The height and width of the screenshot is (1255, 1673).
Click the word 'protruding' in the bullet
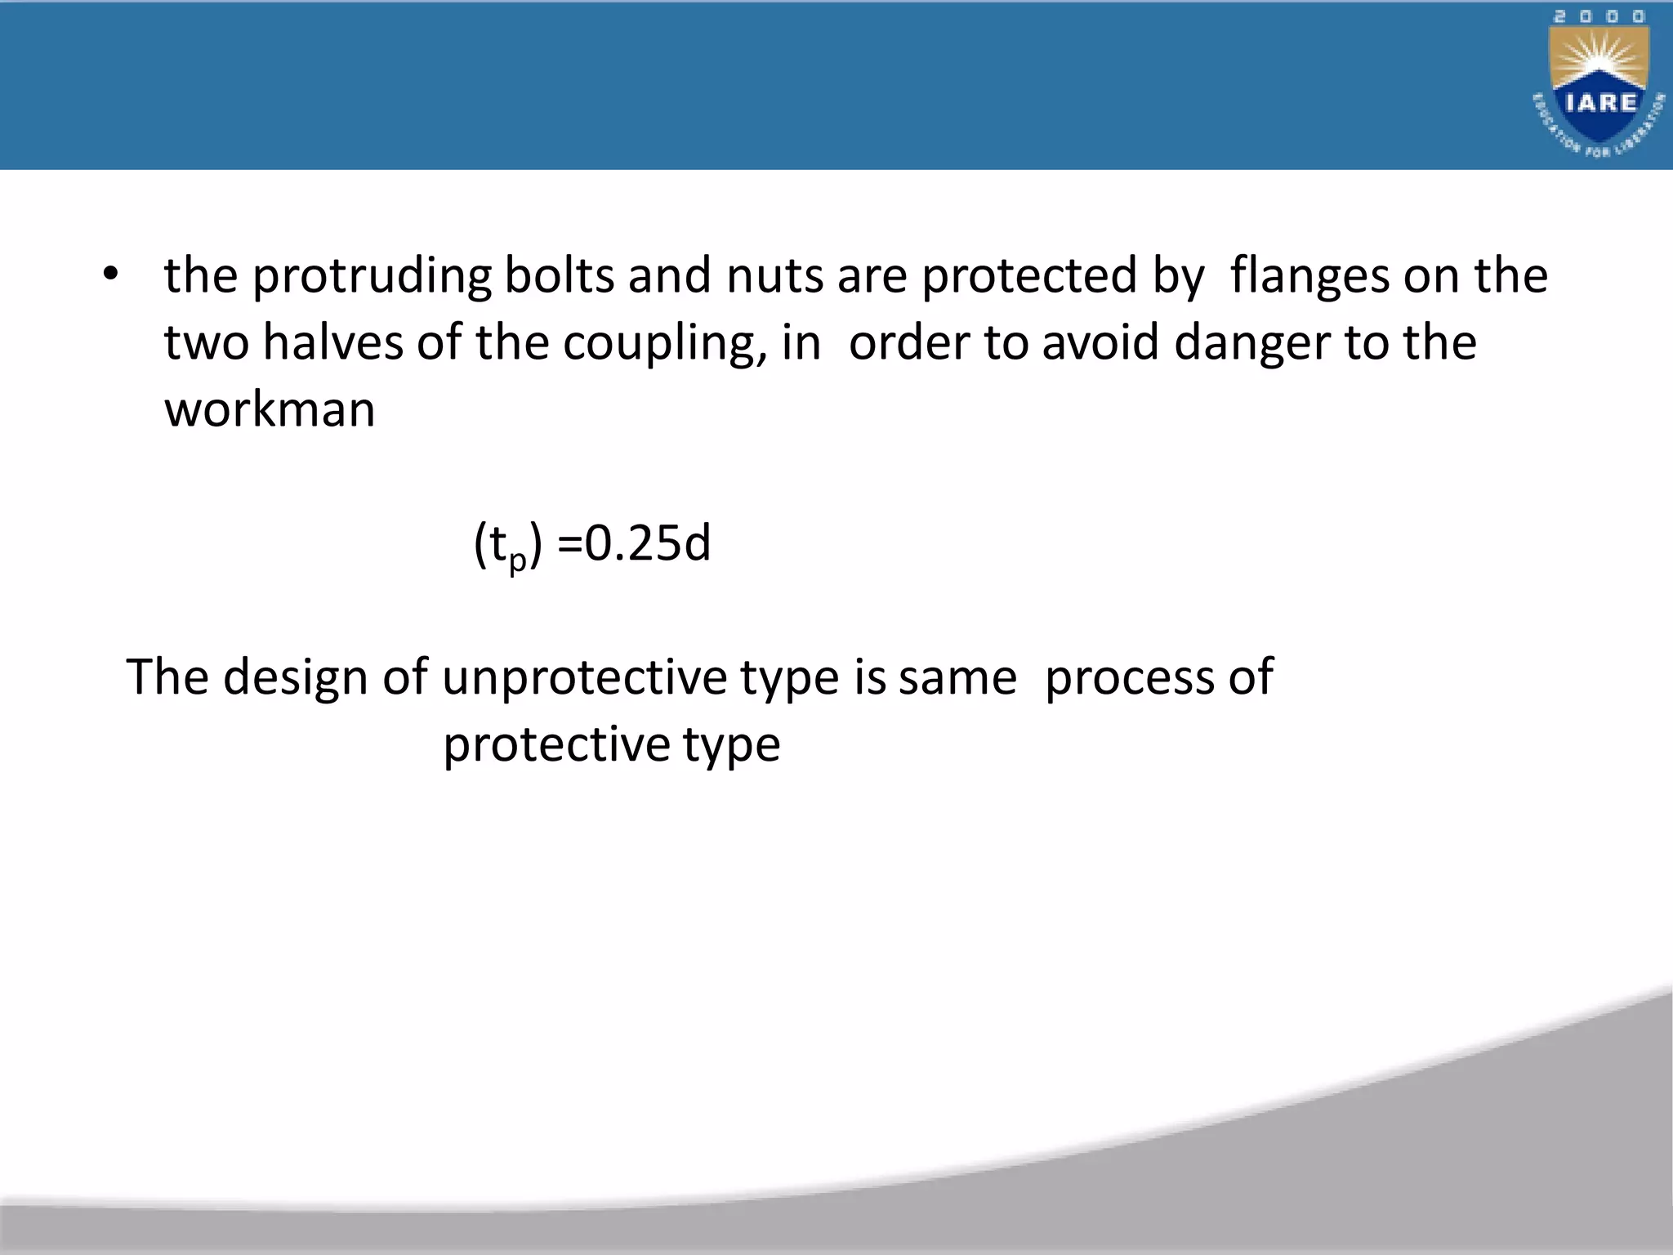(x=372, y=276)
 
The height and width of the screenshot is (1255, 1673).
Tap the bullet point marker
(x=111, y=275)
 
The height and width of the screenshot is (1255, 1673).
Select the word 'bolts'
(x=559, y=275)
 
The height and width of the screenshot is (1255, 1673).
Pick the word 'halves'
(x=332, y=342)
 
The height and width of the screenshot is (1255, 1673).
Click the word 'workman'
(x=270, y=409)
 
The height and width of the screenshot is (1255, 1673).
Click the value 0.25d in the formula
(x=648, y=543)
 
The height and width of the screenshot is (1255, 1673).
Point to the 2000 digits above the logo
(x=1599, y=16)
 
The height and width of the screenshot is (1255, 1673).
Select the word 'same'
(x=957, y=678)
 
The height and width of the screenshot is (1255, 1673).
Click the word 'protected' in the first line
(x=1030, y=276)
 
